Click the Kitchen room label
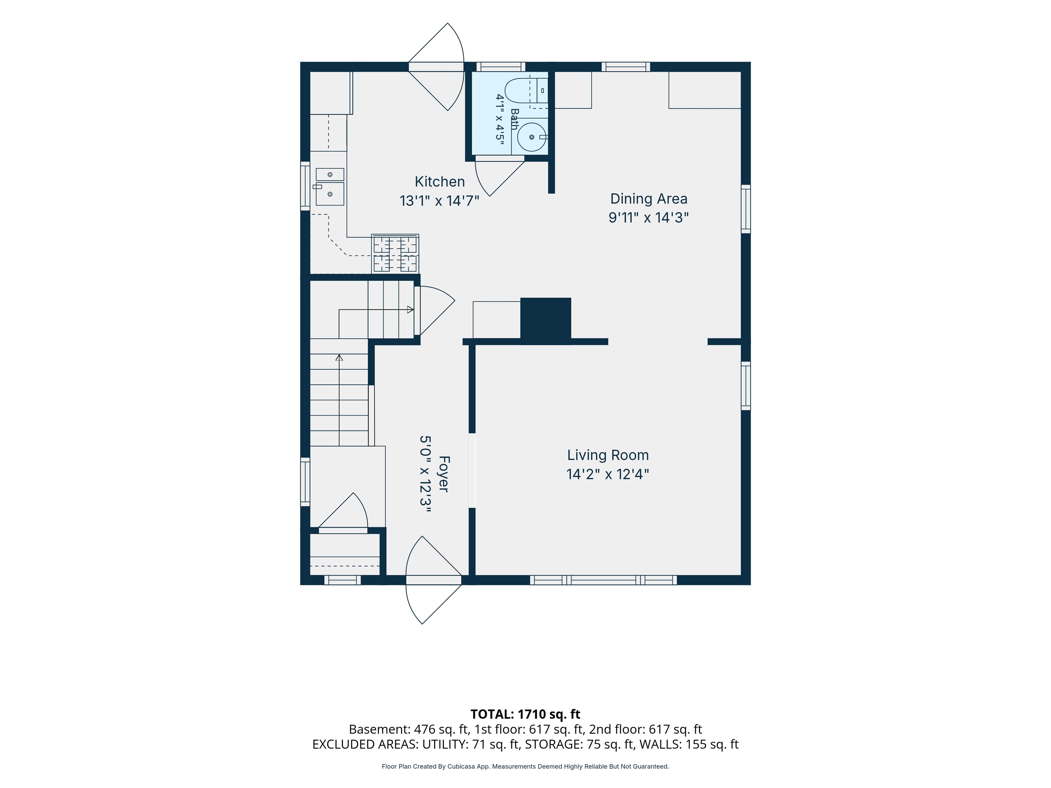[x=440, y=182]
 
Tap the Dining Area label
[x=649, y=199]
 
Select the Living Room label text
[x=608, y=455]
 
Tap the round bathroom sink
[x=531, y=137]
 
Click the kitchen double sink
[x=329, y=187]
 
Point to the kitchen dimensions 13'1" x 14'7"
[x=440, y=201]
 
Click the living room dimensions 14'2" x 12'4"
[x=608, y=474]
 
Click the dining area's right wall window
[x=746, y=209]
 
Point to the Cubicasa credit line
[x=525, y=766]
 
